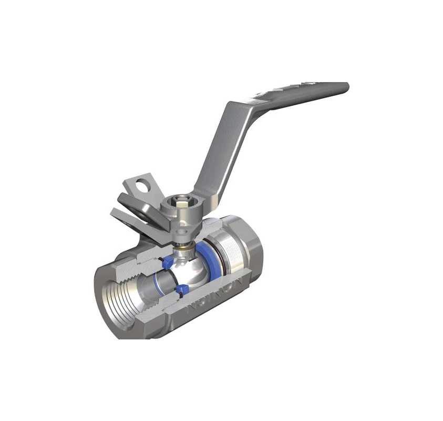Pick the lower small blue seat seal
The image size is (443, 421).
pyautogui.click(x=183, y=288)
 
